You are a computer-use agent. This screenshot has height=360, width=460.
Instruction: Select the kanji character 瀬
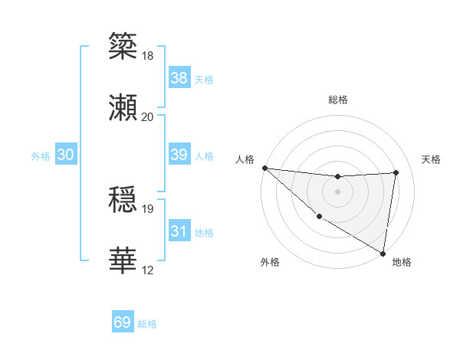[123, 108]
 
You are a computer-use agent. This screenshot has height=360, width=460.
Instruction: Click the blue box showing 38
[179, 77]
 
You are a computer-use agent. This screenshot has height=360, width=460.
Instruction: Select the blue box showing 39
[179, 155]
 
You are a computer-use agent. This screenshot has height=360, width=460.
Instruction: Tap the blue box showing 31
[179, 231]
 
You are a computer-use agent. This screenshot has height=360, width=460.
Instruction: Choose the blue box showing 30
[66, 155]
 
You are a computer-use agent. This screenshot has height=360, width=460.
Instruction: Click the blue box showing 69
[123, 322]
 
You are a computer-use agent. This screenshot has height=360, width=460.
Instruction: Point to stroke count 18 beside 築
[148, 56]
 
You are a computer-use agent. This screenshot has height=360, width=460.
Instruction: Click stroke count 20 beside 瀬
[148, 116]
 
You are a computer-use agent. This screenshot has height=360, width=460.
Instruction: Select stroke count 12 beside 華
[148, 270]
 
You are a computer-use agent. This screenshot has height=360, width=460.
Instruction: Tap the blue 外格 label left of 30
[41, 156]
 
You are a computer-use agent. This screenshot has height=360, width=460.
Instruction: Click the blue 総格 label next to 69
[147, 324]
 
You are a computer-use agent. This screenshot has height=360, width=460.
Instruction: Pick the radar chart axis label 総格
[338, 100]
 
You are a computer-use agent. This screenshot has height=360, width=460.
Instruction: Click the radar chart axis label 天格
[432, 159]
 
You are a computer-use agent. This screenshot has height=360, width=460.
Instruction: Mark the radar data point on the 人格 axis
[264, 168]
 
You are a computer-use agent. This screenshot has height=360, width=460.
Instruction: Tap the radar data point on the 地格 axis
[383, 253]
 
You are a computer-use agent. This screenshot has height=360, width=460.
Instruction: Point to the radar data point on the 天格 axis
[396, 172]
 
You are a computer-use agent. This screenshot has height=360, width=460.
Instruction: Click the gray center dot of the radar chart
[338, 191]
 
